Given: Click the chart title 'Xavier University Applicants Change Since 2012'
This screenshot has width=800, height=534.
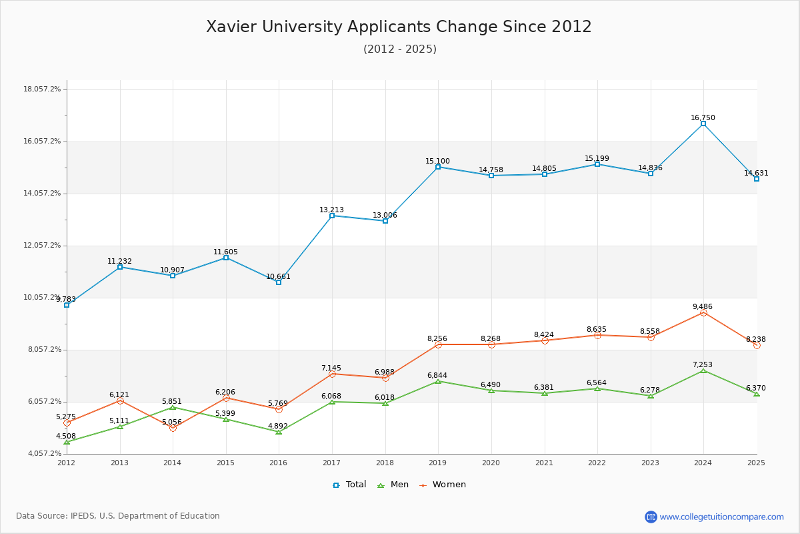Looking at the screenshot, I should [x=399, y=27].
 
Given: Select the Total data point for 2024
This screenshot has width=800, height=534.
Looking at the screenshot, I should [x=703, y=123].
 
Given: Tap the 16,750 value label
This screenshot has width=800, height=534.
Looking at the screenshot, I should [x=703, y=118].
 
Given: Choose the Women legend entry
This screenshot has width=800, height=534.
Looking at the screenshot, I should [x=443, y=485].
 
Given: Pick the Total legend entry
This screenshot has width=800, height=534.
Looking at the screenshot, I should [x=350, y=485].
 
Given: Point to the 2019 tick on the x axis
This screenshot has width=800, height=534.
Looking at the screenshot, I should [x=438, y=463].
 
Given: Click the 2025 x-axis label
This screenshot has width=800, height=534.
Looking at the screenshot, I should [x=757, y=463].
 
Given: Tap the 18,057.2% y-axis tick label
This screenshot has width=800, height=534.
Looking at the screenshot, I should [x=42, y=89].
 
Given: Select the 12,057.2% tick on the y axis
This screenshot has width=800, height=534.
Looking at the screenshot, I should [x=42, y=246].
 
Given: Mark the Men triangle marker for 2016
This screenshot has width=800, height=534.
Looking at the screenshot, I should [x=279, y=432].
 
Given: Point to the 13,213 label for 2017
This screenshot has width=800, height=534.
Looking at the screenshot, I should [x=331, y=210].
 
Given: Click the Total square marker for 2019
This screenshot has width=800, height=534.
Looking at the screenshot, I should [x=438, y=167].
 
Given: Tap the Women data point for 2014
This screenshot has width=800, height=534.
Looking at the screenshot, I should [x=173, y=428].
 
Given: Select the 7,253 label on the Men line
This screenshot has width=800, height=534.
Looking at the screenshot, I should [x=703, y=365].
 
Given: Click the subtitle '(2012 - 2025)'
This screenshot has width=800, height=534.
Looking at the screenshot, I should [x=400, y=49].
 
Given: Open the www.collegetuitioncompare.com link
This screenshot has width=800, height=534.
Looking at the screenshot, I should [x=721, y=517].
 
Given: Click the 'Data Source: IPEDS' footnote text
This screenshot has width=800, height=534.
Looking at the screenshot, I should [x=118, y=516].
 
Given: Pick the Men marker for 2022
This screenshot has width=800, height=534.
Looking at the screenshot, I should [x=597, y=388].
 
